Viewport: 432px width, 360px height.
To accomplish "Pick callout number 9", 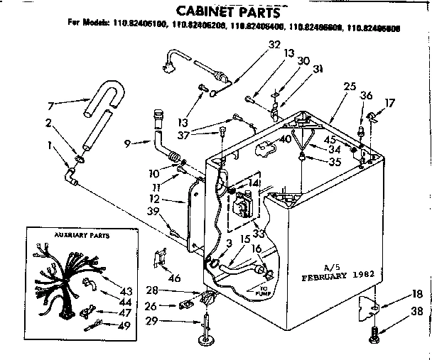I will point(127,143).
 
